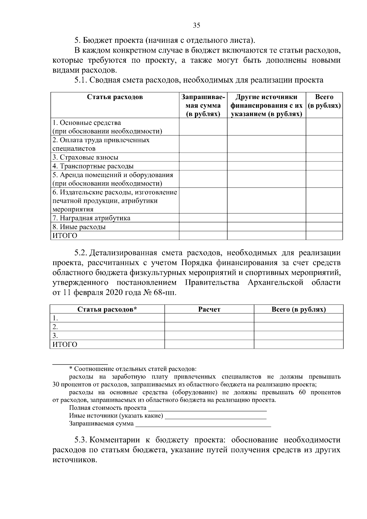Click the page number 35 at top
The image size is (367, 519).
point(196,25)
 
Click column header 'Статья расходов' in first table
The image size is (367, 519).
point(115,97)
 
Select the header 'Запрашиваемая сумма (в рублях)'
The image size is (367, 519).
point(203,106)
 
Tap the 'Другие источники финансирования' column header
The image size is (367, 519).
point(266,106)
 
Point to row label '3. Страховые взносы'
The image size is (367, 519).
point(85,158)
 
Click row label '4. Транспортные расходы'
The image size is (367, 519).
point(93,166)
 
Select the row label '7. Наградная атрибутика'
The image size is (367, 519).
point(91,218)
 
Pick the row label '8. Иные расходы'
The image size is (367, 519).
point(79,227)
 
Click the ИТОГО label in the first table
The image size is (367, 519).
point(65,235)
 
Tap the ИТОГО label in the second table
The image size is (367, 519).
point(65,344)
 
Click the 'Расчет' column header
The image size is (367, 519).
point(209,309)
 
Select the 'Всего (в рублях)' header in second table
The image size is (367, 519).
point(298,309)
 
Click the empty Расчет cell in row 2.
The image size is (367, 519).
point(209,327)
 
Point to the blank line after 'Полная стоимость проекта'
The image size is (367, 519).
point(207,408)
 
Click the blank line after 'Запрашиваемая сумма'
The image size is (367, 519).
point(203,424)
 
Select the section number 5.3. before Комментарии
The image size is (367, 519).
point(81,440)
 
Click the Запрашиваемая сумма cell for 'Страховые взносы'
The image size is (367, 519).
point(203,158)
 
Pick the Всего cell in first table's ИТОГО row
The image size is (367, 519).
point(324,235)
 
